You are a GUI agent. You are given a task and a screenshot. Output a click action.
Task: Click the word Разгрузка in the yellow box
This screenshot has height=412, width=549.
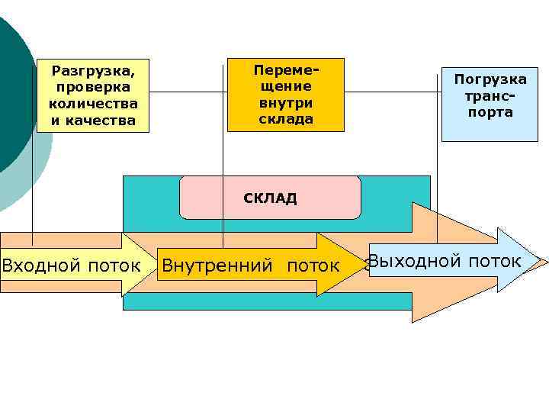93,71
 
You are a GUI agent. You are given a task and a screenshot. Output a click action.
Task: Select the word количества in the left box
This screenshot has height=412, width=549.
93,104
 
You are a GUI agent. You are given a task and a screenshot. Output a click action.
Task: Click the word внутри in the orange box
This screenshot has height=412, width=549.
286,102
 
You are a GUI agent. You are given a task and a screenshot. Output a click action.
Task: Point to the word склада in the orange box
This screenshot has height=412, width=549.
286,118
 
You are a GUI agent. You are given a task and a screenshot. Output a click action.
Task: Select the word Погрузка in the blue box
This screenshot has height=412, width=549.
490,79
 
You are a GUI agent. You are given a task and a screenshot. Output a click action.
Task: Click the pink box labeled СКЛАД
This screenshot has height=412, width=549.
270,198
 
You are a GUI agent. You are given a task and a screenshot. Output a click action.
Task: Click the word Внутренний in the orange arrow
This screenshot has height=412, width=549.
217,266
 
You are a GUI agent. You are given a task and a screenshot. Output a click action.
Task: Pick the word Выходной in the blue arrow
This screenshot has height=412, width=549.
413,261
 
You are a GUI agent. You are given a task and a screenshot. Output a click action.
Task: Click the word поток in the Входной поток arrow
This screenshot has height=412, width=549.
114,266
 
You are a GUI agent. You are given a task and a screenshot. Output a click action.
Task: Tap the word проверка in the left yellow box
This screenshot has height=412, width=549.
93,87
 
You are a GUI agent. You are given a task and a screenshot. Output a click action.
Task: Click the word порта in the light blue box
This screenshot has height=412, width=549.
491,112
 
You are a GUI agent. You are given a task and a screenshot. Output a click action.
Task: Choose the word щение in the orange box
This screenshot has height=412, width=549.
286,85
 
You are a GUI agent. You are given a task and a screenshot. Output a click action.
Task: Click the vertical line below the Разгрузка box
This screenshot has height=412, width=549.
32,183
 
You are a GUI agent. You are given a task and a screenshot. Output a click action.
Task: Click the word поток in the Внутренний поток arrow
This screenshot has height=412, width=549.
313,266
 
